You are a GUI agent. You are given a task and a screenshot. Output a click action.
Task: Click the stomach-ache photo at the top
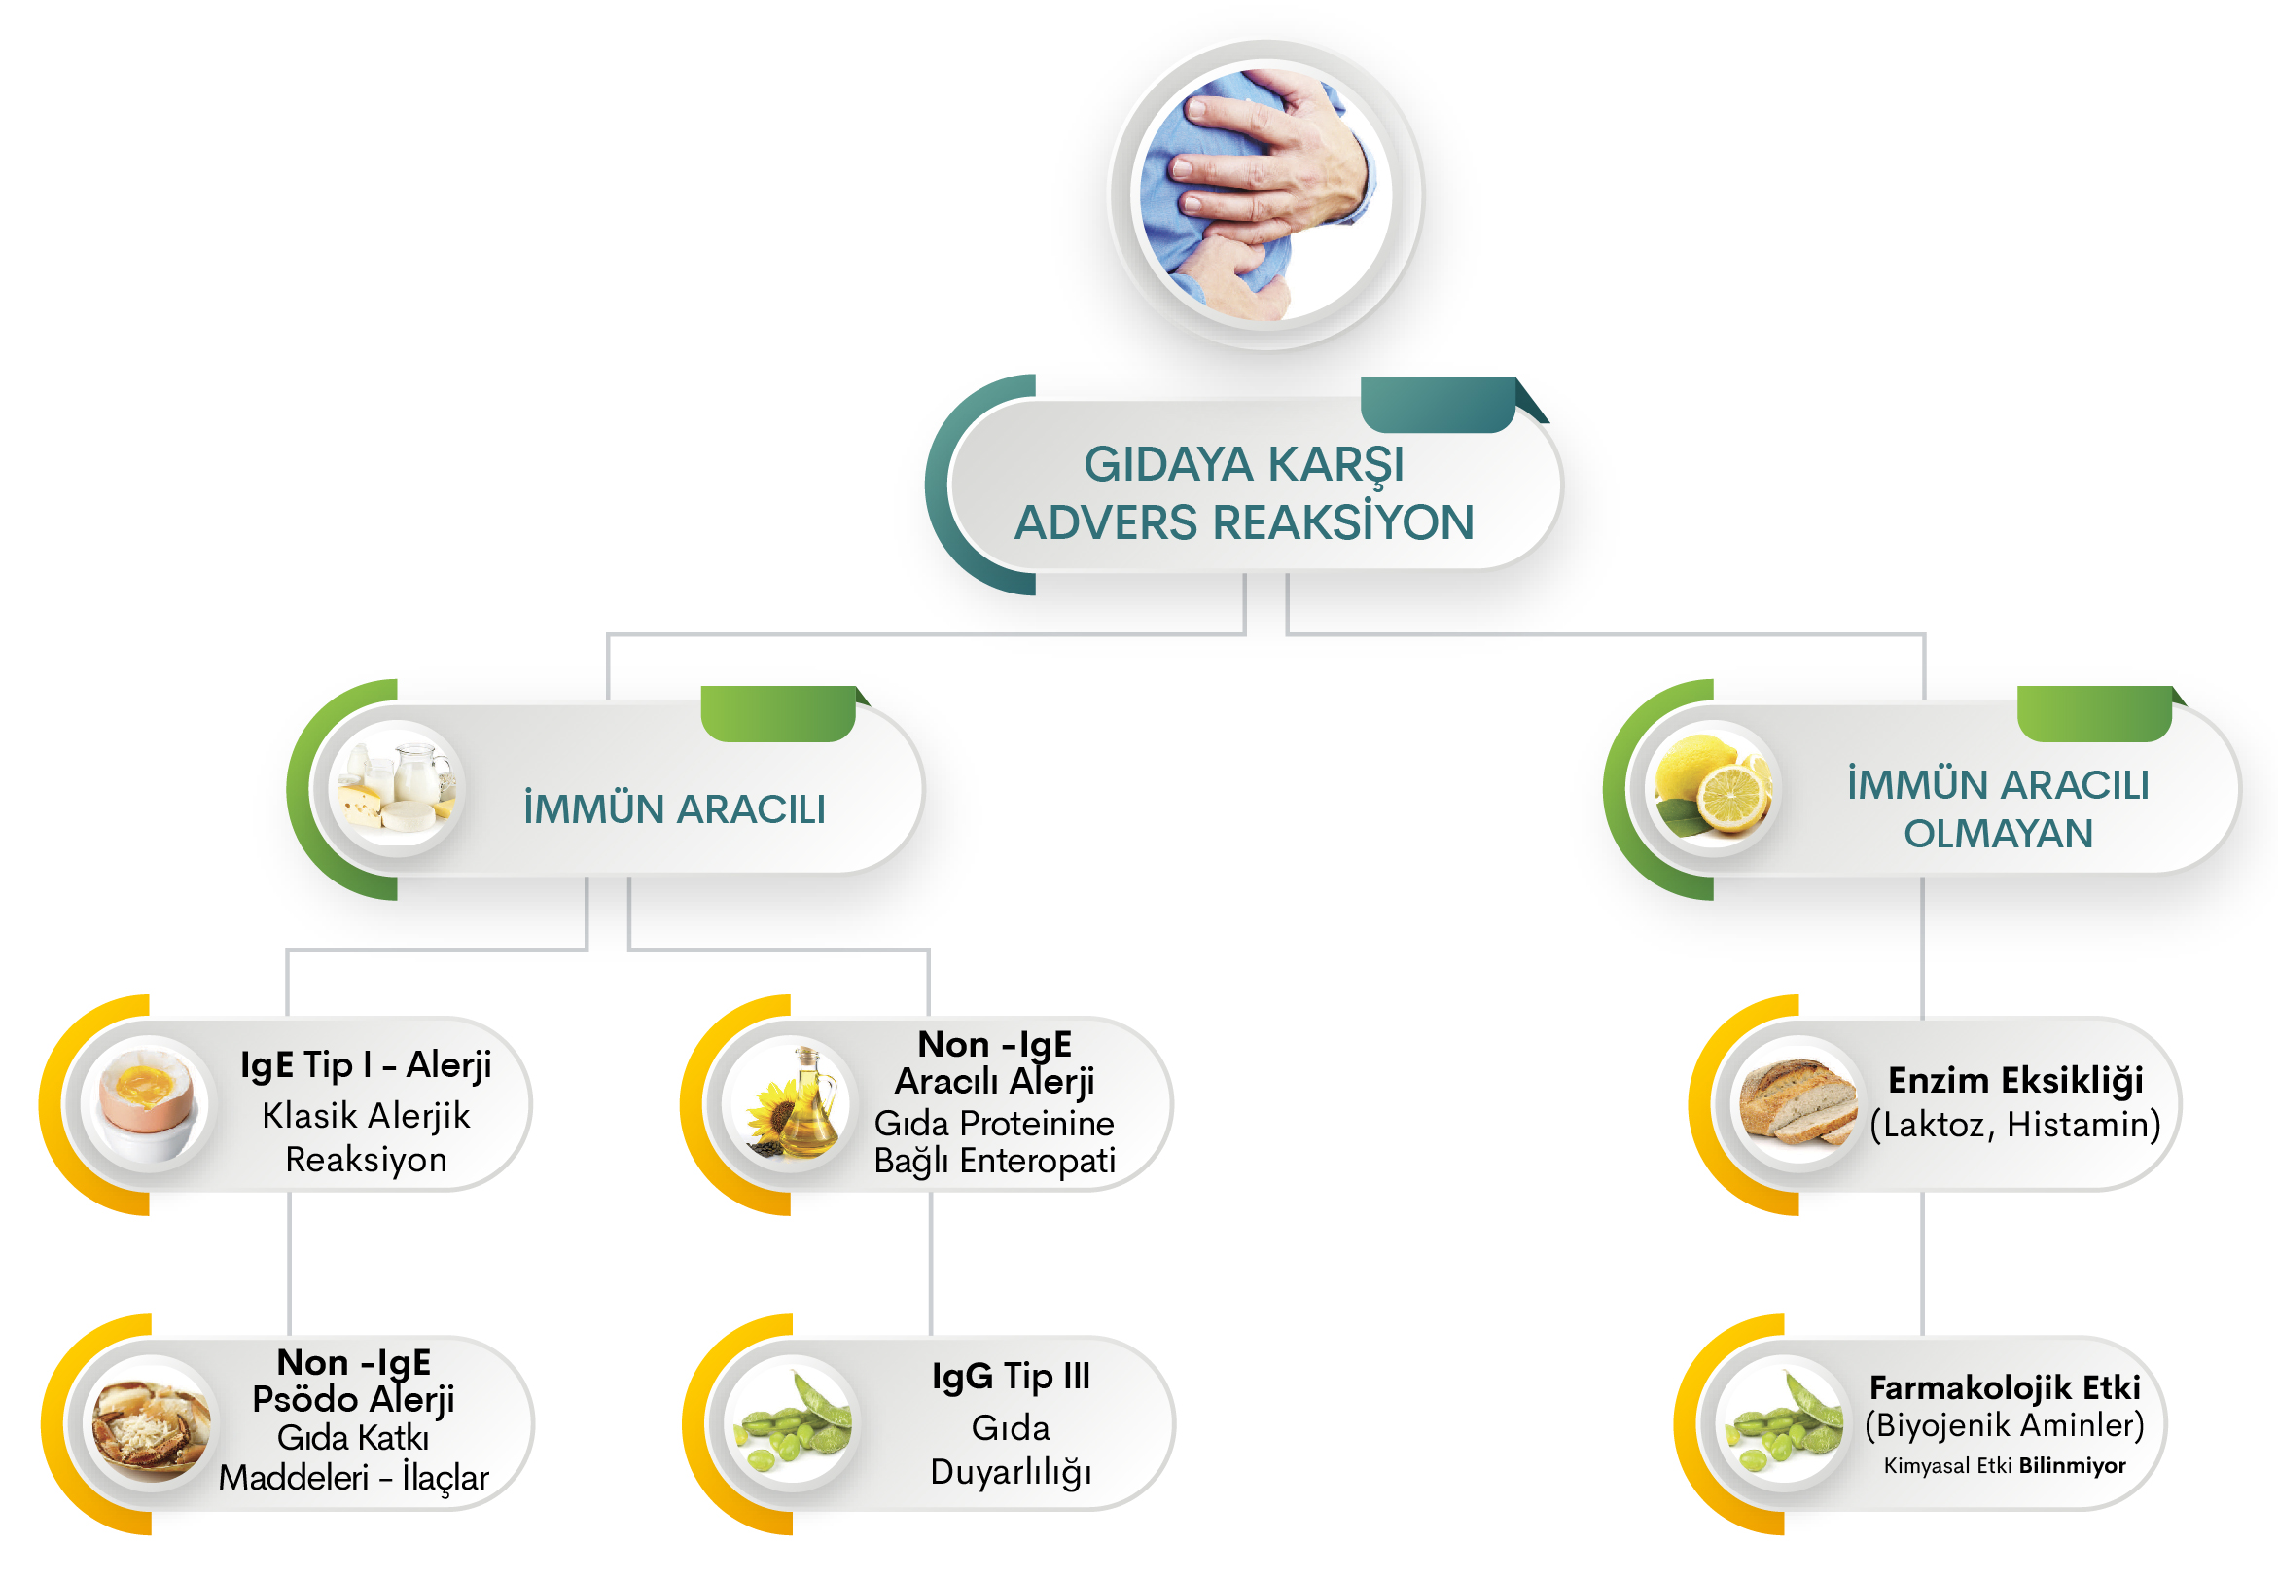pyautogui.click(x=1265, y=194)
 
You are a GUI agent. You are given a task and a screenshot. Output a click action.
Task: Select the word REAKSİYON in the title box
pyautogui.click(x=1345, y=521)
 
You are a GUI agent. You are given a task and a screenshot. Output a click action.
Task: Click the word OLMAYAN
pyautogui.click(x=1998, y=834)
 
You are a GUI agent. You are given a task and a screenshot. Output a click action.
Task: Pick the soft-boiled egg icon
pyautogui.click(x=148, y=1104)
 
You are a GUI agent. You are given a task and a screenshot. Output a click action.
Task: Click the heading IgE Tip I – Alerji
pyautogui.click(x=366, y=1065)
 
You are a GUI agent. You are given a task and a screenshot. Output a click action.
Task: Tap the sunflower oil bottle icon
pyautogui.click(x=790, y=1104)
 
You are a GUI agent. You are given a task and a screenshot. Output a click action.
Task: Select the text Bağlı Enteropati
pyautogui.click(x=994, y=1161)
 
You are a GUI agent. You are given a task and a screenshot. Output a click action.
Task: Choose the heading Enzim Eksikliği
pyautogui.click(x=2015, y=1080)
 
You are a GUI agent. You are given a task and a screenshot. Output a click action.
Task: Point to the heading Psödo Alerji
pyautogui.click(x=353, y=1399)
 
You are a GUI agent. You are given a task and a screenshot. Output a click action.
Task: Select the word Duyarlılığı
pyautogui.click(x=1011, y=1472)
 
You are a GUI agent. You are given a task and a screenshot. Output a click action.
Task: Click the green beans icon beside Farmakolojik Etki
pyautogui.click(x=1783, y=1422)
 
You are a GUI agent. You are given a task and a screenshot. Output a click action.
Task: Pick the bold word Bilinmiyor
pyautogui.click(x=2072, y=1465)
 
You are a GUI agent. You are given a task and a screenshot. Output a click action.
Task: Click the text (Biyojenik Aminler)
pyautogui.click(x=2005, y=1424)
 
